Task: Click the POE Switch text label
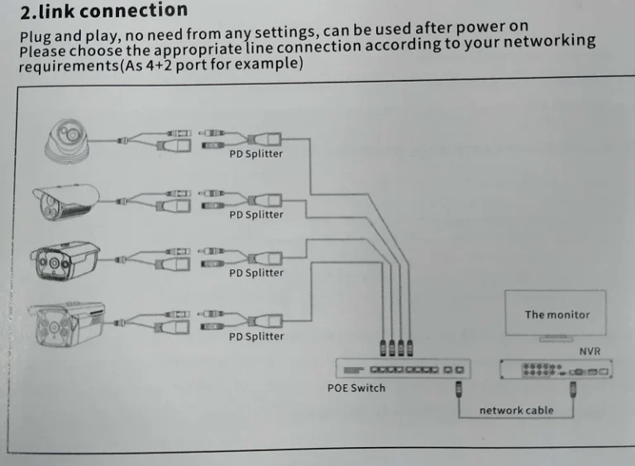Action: (x=356, y=388)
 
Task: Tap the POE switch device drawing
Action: (x=403, y=369)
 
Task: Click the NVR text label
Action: (x=590, y=352)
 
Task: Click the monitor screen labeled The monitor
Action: (x=557, y=314)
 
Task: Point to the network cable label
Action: (x=516, y=411)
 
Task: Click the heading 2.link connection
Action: (x=103, y=12)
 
